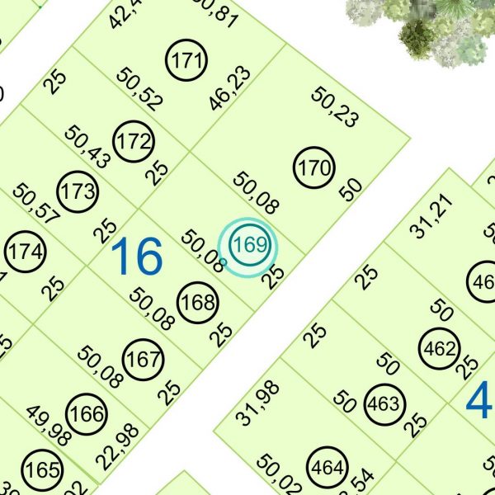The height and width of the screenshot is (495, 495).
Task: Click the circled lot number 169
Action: coord(248,245)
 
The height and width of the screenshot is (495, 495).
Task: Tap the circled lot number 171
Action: coord(187,60)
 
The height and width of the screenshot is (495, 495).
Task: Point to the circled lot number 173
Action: coord(79,192)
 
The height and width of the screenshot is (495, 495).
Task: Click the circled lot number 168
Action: coord(198,302)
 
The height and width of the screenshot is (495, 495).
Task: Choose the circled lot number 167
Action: coord(144,360)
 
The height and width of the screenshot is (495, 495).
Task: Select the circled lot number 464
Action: coord(328,469)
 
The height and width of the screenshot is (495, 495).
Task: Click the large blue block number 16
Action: coord(136,256)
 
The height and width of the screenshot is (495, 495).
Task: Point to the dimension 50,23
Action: coord(335,107)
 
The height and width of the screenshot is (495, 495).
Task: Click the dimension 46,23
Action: coord(230,89)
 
